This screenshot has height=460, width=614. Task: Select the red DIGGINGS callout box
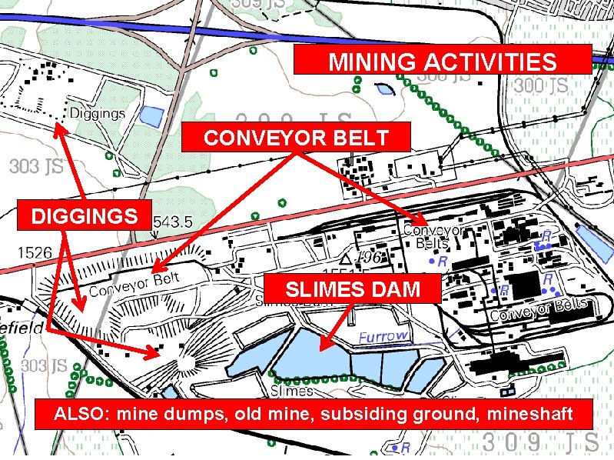click(85, 216)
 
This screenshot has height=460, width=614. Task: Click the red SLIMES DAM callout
click(353, 290)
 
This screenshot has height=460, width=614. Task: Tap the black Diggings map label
click(98, 114)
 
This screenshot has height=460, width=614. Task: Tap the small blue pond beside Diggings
click(151, 117)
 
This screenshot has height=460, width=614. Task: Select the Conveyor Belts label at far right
click(539, 310)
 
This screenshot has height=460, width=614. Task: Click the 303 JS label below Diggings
click(36, 166)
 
